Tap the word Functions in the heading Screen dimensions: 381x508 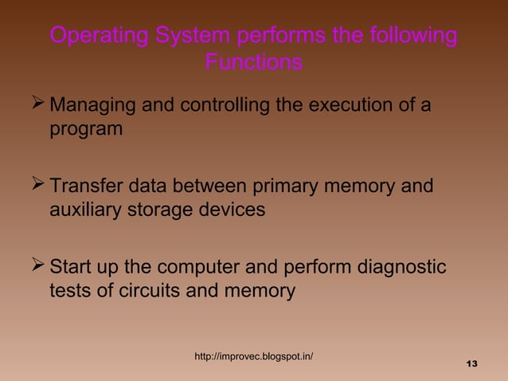(253, 62)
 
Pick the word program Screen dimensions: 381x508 (86, 129)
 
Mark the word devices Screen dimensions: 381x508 (234, 211)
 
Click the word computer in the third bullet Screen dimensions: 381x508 (199, 267)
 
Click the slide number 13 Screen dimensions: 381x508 (471, 364)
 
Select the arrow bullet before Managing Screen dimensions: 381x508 (35, 103)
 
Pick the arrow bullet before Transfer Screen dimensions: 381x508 (35, 186)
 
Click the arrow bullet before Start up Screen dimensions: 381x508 (35, 266)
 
